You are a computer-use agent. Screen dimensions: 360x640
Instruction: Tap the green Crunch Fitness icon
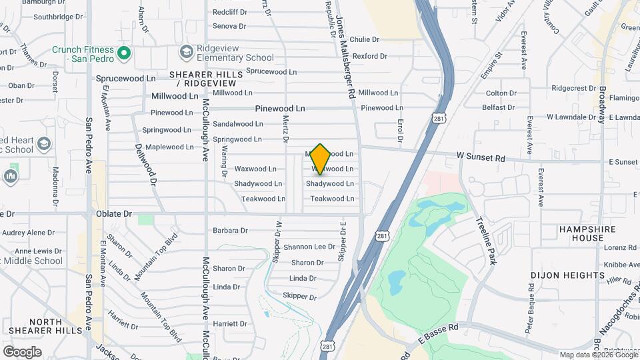(123, 53)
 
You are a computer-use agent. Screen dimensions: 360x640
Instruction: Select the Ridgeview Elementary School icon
(185, 52)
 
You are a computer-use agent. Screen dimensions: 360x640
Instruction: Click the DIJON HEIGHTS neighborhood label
(568, 275)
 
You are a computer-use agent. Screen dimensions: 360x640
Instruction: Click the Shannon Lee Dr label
(309, 247)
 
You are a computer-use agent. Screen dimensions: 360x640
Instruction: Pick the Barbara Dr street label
(230, 231)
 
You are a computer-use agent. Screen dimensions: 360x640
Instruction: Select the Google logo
(22, 351)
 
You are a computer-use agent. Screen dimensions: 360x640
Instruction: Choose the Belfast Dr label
(499, 107)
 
